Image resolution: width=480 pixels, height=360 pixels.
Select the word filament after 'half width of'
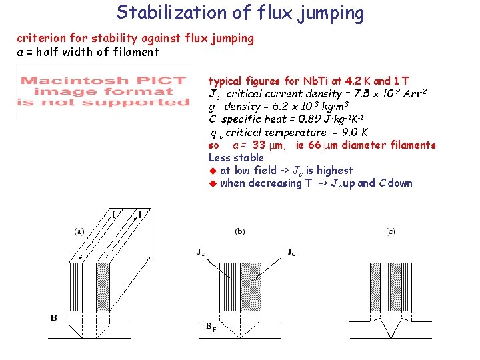tap(136, 52)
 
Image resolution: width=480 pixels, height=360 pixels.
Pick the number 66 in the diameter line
tap(317, 145)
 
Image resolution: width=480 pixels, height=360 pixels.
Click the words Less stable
tap(236, 158)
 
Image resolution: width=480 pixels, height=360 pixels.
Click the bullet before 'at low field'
tap(213, 171)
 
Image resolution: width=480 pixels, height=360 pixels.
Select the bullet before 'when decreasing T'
tap(213, 183)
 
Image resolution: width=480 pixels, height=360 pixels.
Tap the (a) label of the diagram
tap(79, 231)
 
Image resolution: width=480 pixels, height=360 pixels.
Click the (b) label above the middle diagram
tap(239, 231)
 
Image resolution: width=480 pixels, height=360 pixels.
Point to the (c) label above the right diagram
tap(390, 231)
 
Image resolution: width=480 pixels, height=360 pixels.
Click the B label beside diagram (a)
tap(53, 317)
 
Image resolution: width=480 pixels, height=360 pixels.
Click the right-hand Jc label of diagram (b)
tap(291, 252)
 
